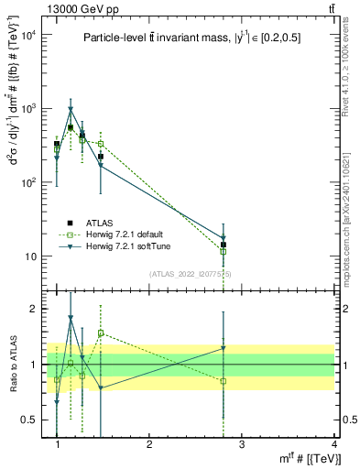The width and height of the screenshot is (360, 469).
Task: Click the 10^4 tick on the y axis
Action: (28, 35)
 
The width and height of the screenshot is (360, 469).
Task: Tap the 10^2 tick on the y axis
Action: (28, 182)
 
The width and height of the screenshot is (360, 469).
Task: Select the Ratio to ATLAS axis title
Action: (13, 365)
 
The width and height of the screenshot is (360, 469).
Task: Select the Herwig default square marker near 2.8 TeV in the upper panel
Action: (224, 251)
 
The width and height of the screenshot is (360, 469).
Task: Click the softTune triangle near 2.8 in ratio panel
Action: (224, 348)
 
